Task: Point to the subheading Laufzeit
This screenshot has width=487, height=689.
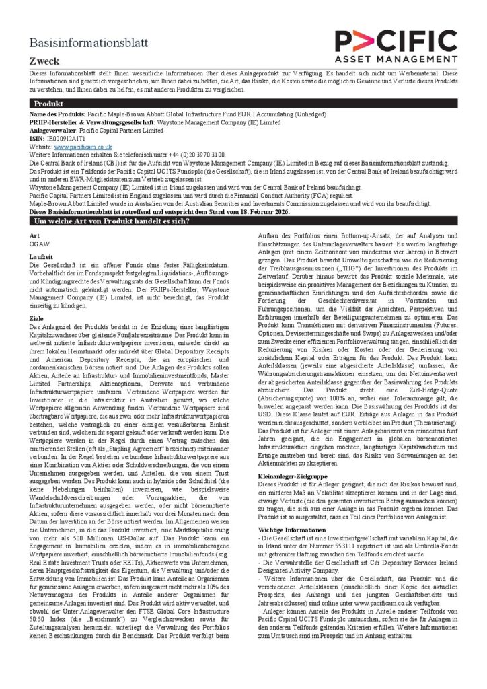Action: click(41, 258)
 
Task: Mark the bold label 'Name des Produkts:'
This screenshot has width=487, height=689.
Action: click(58, 116)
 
